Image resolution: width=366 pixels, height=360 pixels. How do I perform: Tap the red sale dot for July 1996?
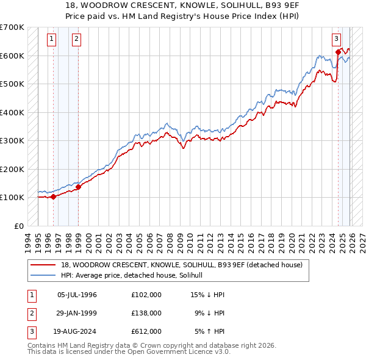coord(53,196)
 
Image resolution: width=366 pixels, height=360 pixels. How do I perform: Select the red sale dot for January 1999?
coord(79,187)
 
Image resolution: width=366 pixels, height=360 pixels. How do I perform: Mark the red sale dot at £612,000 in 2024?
coord(338,52)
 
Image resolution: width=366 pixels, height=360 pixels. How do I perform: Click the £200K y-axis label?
coord(12,169)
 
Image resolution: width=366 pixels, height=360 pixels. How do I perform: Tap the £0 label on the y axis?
coord(18,226)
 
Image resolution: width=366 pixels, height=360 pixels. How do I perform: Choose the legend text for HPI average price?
coord(136,275)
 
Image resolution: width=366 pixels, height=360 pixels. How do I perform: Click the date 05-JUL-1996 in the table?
coord(77,295)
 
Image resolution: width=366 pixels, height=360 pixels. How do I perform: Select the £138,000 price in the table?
coord(146,313)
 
